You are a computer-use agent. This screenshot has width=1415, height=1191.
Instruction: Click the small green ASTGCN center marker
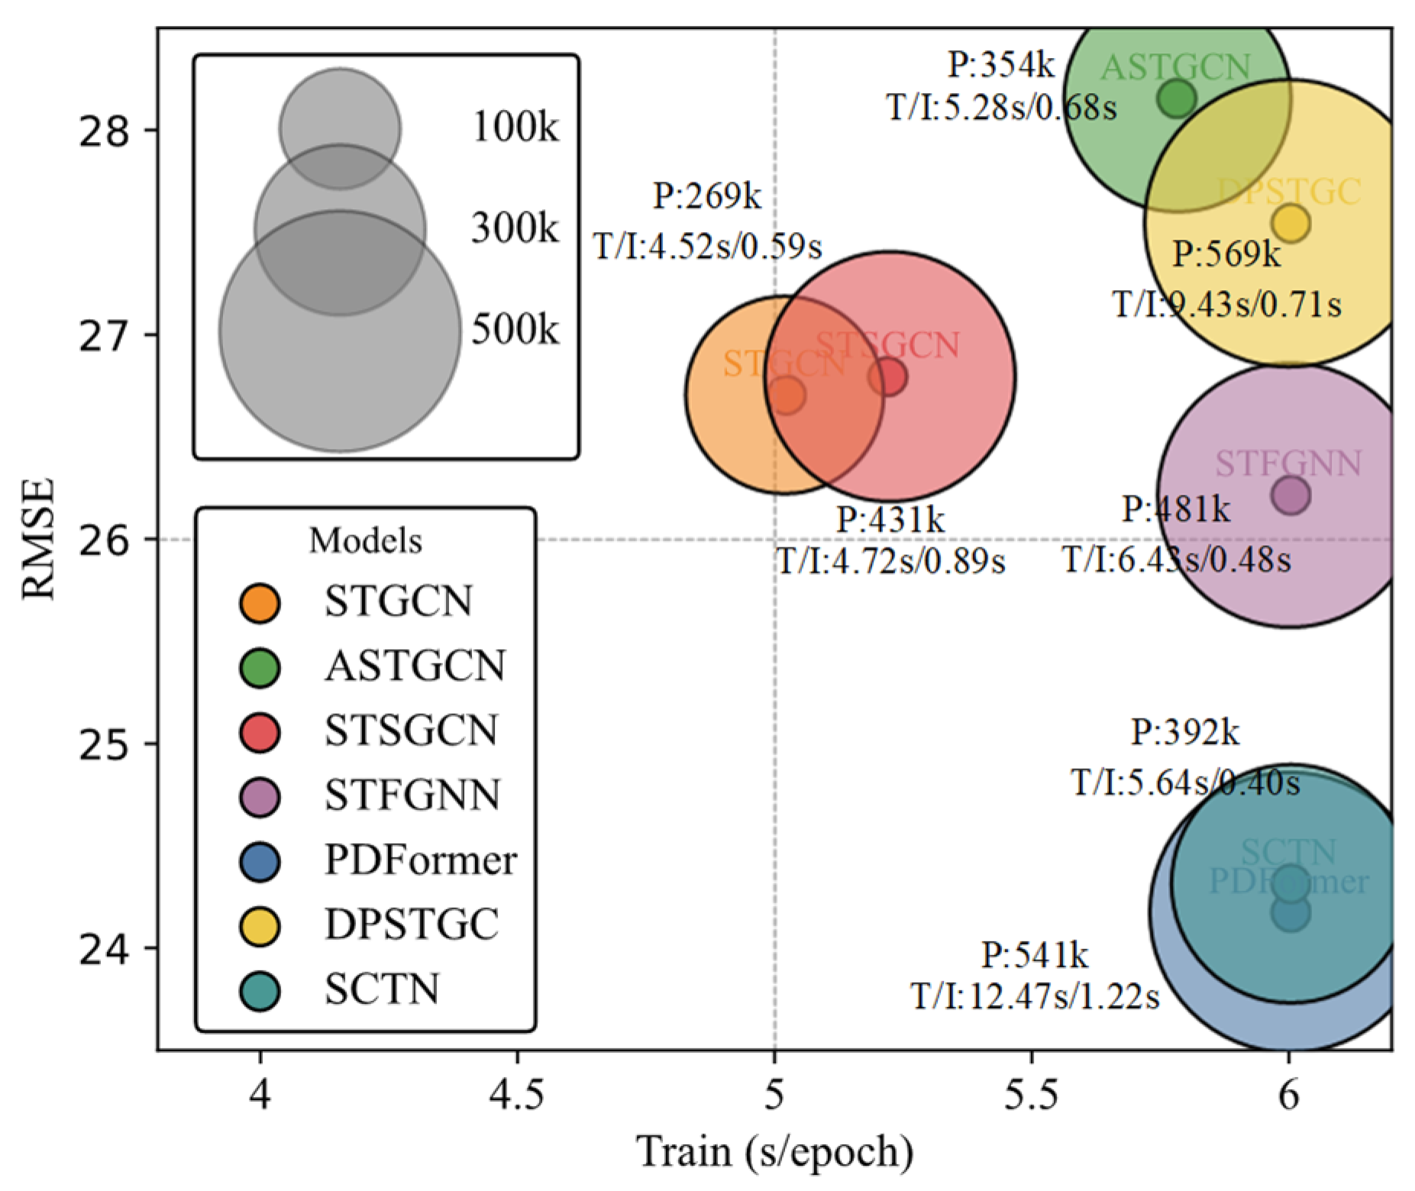pos(1177,98)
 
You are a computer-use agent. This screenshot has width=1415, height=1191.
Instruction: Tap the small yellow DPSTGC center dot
pos(1291,223)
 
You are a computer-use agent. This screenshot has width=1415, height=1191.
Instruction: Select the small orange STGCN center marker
pos(787,395)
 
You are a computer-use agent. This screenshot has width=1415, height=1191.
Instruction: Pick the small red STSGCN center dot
pos(888,377)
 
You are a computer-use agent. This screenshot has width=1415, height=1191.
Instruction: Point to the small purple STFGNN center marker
pos(1291,495)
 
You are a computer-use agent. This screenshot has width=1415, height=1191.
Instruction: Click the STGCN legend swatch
pos(260,603)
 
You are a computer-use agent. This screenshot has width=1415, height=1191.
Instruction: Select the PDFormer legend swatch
pos(260,862)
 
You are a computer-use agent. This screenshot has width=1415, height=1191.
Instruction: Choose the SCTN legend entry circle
pos(260,991)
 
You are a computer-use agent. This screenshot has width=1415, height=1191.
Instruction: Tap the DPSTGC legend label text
pos(412,925)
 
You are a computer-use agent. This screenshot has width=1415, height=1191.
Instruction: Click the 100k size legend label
pos(515,127)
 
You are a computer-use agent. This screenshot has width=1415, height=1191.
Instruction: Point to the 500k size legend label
pos(515,331)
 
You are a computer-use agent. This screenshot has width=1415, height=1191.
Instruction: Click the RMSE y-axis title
pos(37,539)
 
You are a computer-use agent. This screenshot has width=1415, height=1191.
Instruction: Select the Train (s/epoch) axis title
pos(775,1153)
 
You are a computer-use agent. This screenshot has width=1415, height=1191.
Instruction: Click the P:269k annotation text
pos(707,197)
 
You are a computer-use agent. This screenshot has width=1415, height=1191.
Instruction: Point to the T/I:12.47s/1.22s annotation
pos(1035,997)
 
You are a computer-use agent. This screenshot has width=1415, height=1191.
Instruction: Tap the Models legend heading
pos(365,541)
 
